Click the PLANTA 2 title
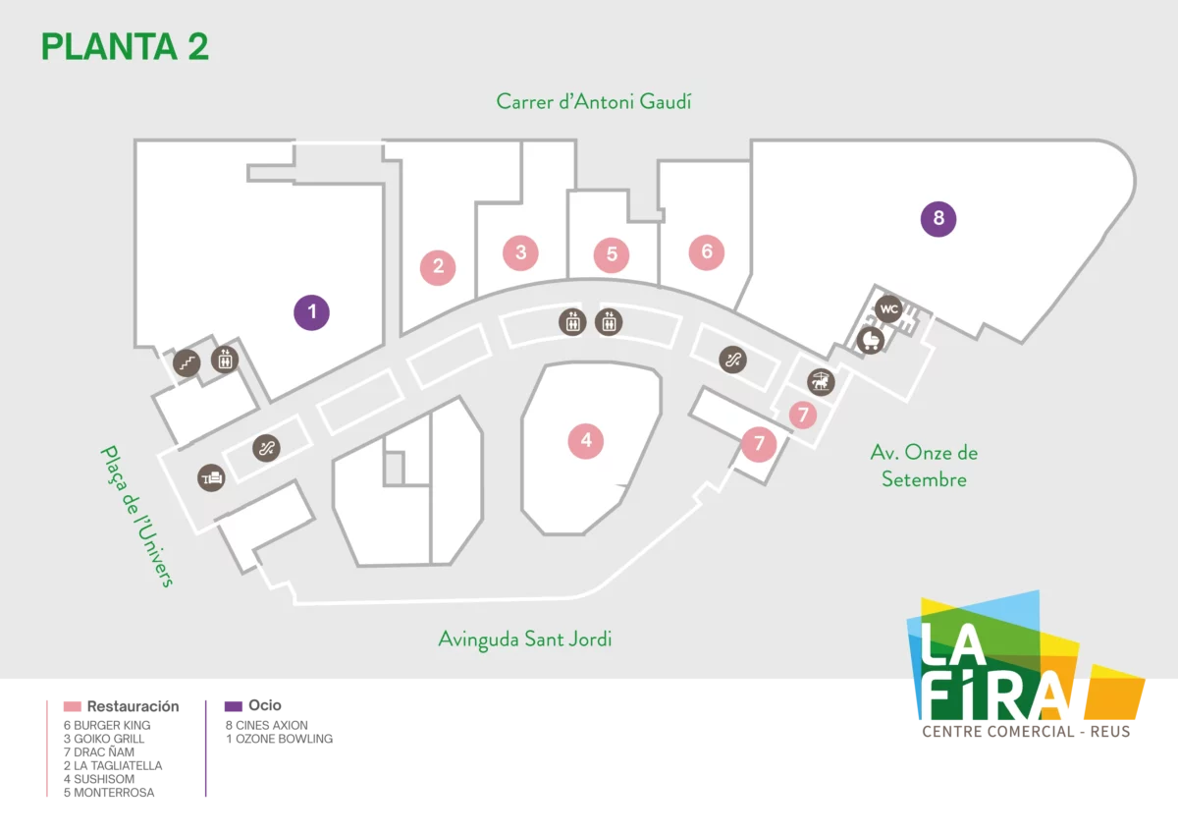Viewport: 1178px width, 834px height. click(126, 47)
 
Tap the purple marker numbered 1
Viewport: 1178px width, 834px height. click(312, 312)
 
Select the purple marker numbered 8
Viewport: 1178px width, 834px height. click(938, 219)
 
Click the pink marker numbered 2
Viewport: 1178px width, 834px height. click(438, 267)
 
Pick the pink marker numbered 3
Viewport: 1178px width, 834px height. click(520, 253)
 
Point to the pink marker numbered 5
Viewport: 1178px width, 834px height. click(612, 255)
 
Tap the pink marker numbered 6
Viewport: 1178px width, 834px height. click(707, 252)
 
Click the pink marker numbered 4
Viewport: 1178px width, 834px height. click(586, 441)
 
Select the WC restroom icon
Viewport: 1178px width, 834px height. click(888, 309)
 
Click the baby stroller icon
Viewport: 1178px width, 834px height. click(871, 341)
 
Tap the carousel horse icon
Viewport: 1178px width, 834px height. click(821, 381)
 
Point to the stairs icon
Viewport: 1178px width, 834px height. click(187, 363)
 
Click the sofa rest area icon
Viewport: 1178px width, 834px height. click(211, 478)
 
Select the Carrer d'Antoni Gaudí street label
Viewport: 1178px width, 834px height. click(594, 101)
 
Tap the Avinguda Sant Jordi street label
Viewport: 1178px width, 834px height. click(525, 639)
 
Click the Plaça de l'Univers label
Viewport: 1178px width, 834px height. click(137, 516)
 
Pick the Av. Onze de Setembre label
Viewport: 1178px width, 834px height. click(924, 467)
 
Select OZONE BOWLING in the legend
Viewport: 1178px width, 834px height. click(279, 739)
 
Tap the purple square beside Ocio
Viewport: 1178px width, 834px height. click(234, 706)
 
